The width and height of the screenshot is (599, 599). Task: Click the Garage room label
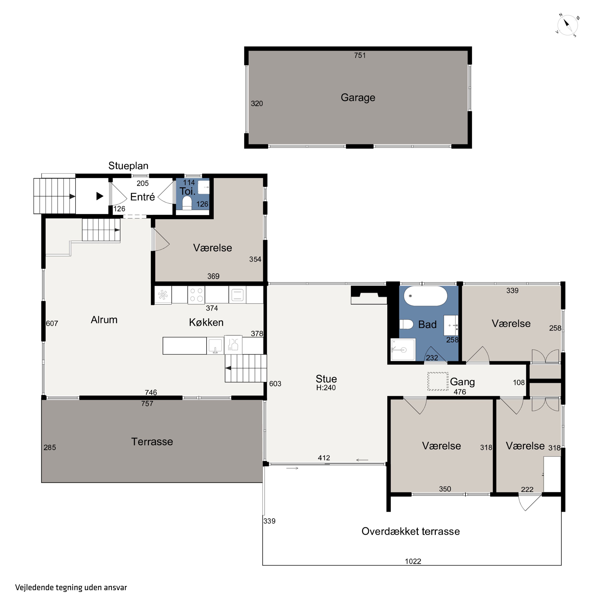[358, 98]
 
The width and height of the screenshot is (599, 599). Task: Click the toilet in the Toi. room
[187, 203]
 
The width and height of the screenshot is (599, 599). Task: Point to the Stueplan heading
[128, 166]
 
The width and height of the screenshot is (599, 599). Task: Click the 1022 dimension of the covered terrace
[413, 561]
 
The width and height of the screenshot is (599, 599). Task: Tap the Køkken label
[206, 322]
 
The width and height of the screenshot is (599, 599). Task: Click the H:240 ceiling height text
[326, 388]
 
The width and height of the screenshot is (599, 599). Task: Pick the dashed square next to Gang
[438, 381]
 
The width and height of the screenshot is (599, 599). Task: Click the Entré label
[142, 197]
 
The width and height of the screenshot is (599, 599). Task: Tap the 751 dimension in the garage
[360, 56]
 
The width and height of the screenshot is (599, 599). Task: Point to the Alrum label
[104, 320]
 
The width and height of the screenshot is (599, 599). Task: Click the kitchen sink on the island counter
[215, 346]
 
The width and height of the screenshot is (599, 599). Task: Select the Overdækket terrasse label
[411, 531]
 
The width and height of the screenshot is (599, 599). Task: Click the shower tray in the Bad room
[403, 350]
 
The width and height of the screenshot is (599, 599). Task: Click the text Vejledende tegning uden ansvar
[71, 588]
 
